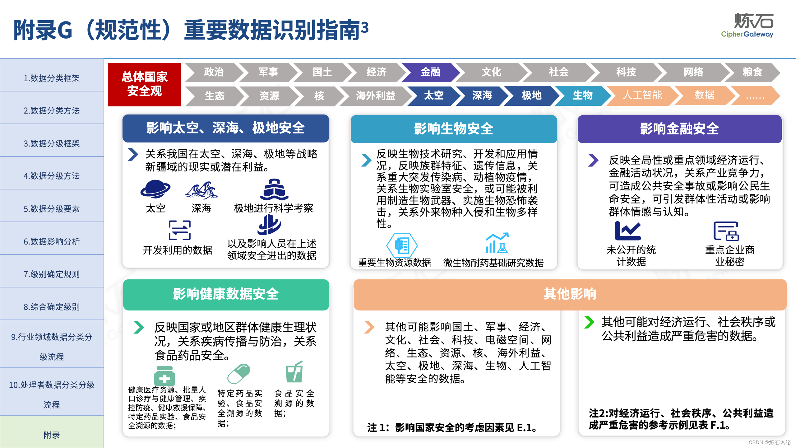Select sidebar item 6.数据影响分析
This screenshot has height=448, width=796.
tap(52, 241)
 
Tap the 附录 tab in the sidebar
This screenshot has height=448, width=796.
tap(52, 435)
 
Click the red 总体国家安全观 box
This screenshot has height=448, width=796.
tap(145, 84)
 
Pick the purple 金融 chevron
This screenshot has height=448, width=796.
tap(430, 72)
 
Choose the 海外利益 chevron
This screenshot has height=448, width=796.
tap(375, 96)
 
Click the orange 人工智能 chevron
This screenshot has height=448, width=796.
tap(642, 95)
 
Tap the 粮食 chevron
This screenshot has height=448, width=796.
tap(752, 72)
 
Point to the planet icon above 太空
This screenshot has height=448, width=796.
tap(155, 189)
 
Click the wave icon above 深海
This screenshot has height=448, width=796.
tap(201, 190)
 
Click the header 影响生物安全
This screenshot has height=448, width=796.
tap(454, 129)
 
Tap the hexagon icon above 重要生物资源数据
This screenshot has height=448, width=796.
tap(402, 245)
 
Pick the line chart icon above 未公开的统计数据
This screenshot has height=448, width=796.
tap(628, 231)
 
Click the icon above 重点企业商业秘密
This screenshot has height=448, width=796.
tap(726, 231)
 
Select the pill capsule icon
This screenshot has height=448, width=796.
tap(238, 374)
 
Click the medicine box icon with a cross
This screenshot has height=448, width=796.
tap(164, 376)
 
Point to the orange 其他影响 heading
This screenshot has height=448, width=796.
tap(570, 294)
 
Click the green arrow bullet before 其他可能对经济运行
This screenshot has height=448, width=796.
tap(589, 322)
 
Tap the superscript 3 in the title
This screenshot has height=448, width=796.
tap(365, 27)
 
